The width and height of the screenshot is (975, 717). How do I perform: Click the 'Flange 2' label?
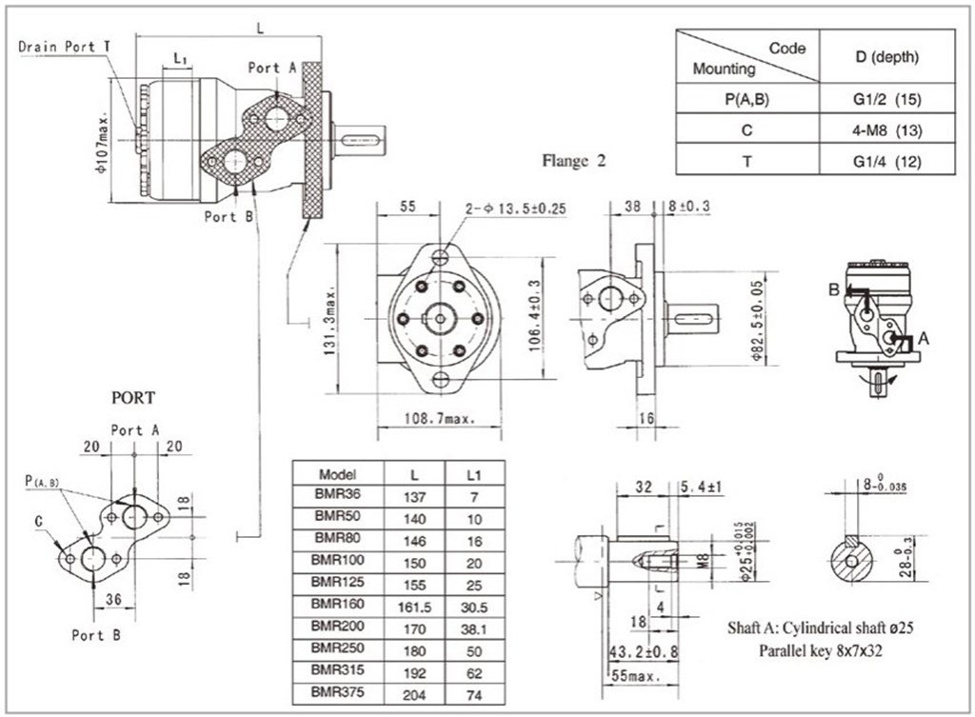(574, 161)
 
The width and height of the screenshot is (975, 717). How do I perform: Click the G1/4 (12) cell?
(885, 160)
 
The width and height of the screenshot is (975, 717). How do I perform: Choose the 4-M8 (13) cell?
(885, 129)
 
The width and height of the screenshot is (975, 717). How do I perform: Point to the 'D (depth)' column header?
(885, 57)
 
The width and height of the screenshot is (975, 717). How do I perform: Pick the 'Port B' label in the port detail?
(95, 633)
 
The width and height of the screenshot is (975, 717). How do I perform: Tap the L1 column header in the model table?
(473, 472)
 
